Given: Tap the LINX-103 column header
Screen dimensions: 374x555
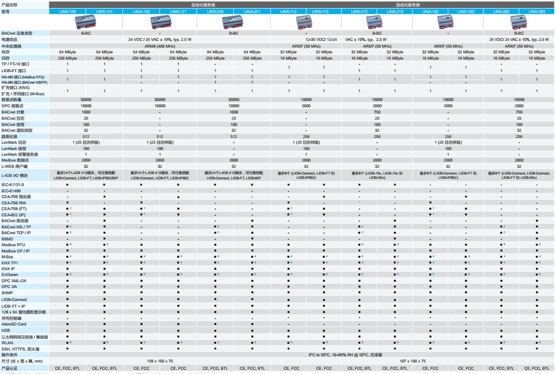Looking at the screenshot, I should click(466, 11).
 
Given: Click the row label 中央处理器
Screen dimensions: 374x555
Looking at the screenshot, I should click(12, 46).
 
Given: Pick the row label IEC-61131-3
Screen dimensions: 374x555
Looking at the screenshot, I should click(13, 184).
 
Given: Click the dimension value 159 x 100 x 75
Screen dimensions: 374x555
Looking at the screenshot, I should click(160, 361).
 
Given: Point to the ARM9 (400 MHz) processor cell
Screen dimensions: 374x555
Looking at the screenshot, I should click(160, 46).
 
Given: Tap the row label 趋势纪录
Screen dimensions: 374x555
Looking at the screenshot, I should click(11, 136).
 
